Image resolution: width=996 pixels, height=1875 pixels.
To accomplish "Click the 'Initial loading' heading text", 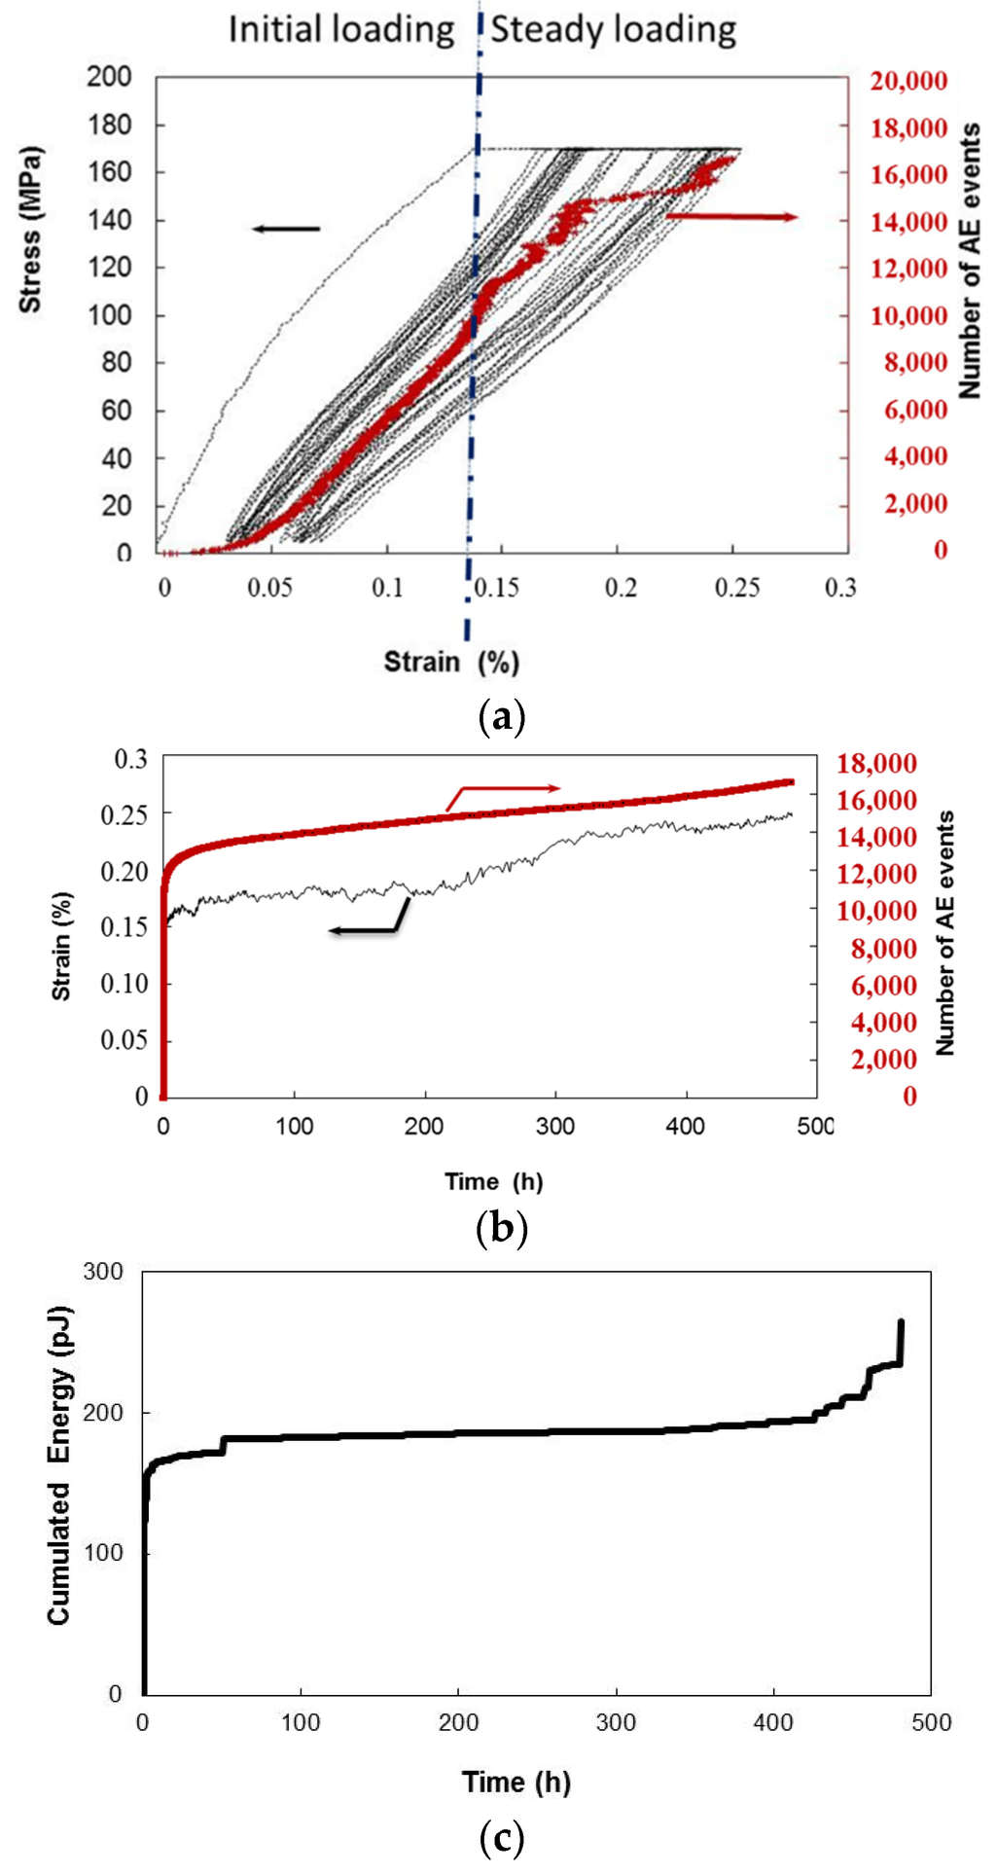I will point(341,29).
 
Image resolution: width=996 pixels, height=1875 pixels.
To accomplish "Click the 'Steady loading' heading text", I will point(613,29).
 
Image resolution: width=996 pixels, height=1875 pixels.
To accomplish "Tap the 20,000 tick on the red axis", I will point(908,81).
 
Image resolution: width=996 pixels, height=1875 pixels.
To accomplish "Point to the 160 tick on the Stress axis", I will point(109,172).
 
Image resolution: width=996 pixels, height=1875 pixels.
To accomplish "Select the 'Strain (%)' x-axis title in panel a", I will point(451,663).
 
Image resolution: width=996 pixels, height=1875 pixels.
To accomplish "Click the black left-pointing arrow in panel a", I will point(286,229).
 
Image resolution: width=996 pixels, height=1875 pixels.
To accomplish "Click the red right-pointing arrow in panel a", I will point(731,216).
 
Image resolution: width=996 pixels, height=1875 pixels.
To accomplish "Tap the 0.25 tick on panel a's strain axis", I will point(736,589).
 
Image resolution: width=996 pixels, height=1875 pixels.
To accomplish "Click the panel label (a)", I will point(503,718).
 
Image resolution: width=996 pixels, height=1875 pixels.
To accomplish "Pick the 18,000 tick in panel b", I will point(877,764).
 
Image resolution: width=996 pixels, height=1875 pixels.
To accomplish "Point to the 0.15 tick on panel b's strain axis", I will point(124,926).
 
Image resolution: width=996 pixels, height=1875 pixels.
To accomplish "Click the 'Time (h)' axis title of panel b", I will point(494,1181).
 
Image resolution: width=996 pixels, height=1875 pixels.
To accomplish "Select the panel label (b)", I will point(503,1229).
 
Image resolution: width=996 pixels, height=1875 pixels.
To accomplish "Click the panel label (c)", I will point(503,1839).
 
